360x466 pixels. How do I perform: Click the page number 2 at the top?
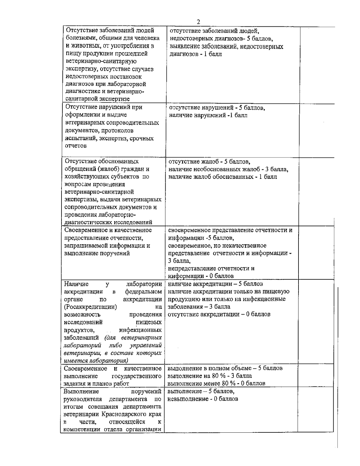coord(198,22)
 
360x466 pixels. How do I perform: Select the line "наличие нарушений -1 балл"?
coord(208,115)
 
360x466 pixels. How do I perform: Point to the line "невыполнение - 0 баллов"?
coord(203,399)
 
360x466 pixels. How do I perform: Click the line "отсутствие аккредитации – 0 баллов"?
coord(219,314)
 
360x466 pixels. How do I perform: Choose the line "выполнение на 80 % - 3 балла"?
coord(210,376)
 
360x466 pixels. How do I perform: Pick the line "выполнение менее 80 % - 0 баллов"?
coord(216,383)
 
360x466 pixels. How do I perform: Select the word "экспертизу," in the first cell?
coord(79,69)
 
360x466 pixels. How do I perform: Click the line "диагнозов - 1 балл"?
coord(196,55)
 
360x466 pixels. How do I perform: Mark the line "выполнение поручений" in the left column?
coord(97,253)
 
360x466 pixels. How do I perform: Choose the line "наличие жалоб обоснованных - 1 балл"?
coord(223,177)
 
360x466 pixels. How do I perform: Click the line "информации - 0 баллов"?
coord(201,276)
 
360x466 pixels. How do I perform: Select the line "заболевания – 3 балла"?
coord(199,307)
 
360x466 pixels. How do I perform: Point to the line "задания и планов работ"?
coord(96,383)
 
